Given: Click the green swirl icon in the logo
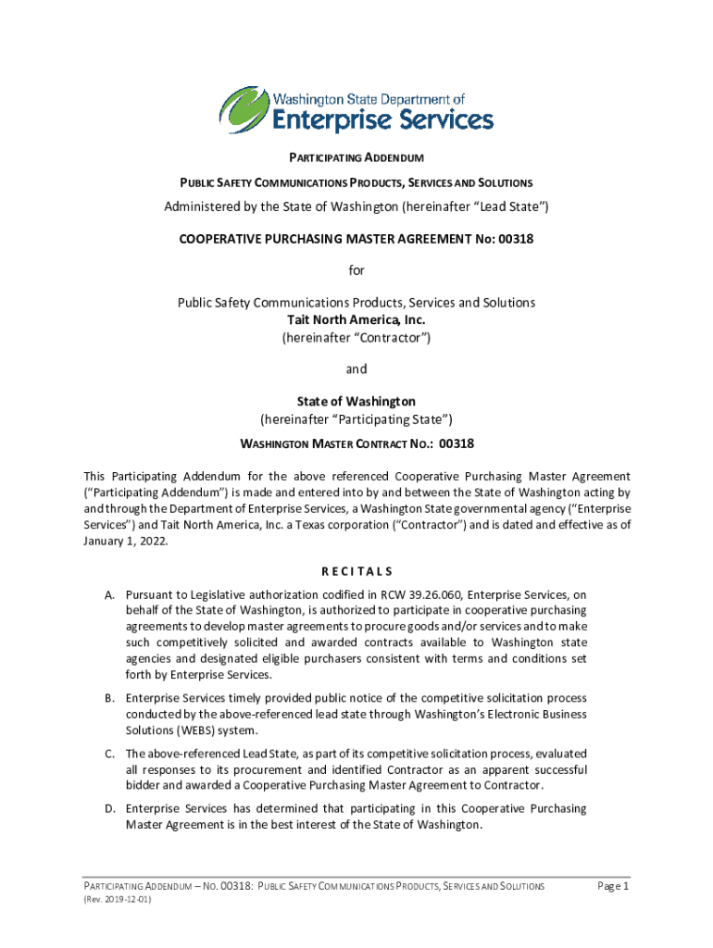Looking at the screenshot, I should coord(244,109).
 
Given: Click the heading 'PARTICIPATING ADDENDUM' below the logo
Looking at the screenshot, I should coord(356,159).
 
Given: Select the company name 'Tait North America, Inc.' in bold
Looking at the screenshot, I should coord(356,319).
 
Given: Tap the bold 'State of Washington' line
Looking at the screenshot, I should coord(356,401).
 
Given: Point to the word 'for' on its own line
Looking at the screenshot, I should coord(356,270).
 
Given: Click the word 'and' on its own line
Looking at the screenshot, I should coord(356,368).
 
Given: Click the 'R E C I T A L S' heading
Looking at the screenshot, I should coord(356,570).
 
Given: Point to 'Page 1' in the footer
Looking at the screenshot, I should coord(613,886).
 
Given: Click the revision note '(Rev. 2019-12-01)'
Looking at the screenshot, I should coord(117,899).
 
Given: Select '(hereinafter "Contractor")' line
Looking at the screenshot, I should coord(356,337).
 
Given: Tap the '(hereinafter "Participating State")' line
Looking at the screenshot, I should coord(356,418).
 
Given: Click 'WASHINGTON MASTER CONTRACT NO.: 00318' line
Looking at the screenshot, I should coord(356,443).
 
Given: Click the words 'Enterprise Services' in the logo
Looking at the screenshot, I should coord(382,119).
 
